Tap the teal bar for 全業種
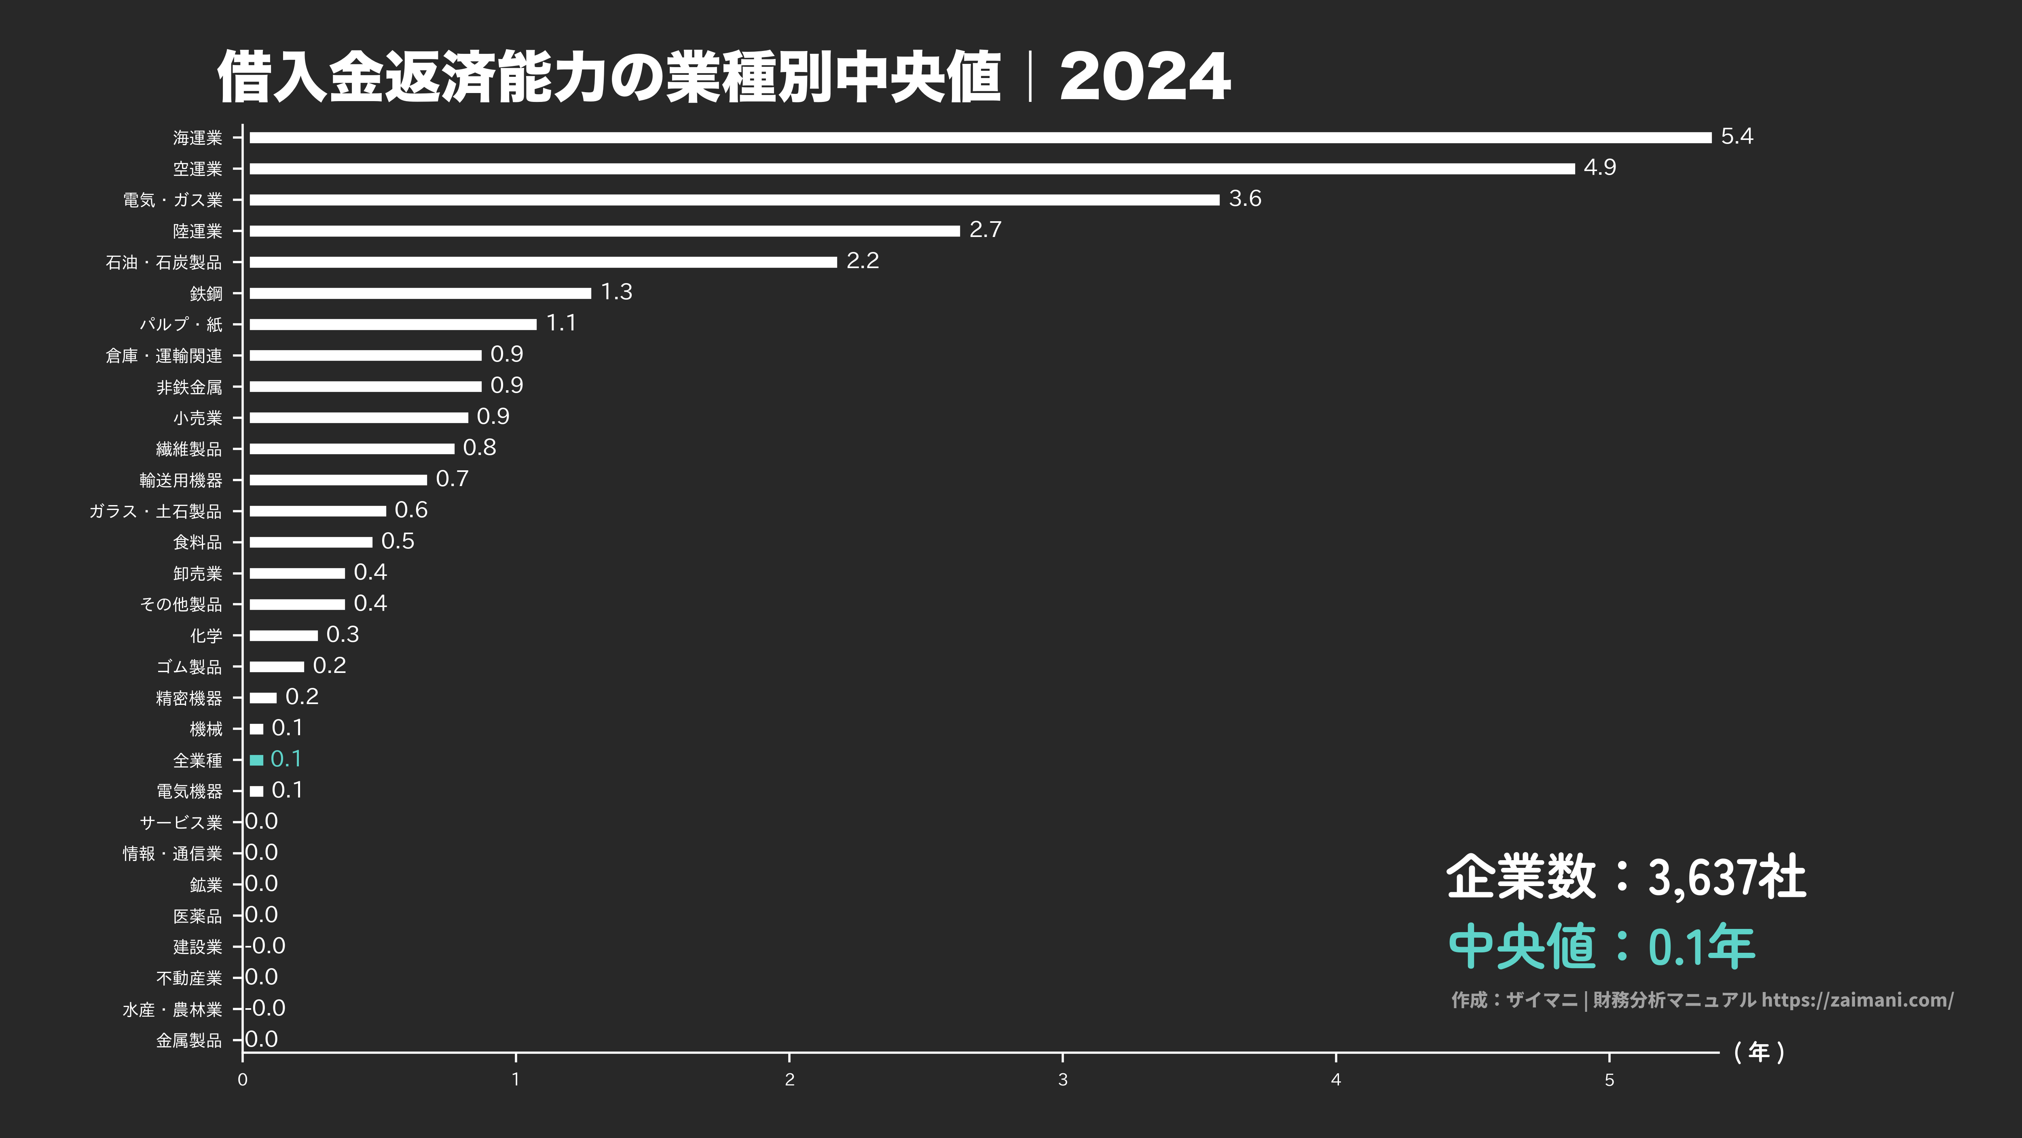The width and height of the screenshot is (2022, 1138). [256, 760]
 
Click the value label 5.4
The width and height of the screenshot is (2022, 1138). [1736, 137]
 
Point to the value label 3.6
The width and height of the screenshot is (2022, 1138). [1245, 199]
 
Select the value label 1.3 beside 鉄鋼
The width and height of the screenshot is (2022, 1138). [616, 292]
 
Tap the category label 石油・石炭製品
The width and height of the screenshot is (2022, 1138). [164, 262]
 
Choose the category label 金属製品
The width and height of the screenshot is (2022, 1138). [189, 1041]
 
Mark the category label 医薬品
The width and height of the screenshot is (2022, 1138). [198, 916]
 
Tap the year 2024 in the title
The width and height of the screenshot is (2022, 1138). [1144, 77]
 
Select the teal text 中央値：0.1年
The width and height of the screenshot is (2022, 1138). [1601, 946]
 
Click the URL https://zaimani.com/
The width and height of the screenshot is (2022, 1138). [1857, 1000]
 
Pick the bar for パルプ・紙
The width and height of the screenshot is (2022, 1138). [392, 324]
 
